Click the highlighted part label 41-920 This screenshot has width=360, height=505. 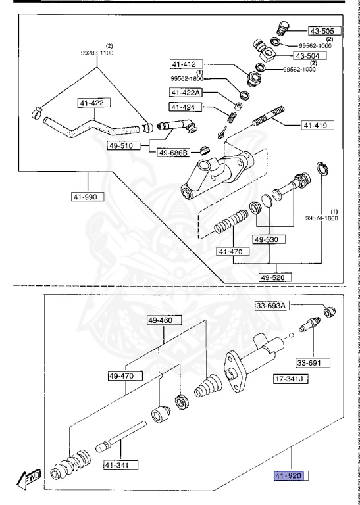pyautogui.click(x=290, y=475)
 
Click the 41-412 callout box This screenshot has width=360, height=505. pyautogui.click(x=185, y=64)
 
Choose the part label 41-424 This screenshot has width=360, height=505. pyautogui.click(x=184, y=107)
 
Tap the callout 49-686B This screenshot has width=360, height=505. pyautogui.click(x=173, y=153)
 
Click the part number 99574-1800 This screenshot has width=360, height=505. pyautogui.click(x=321, y=218)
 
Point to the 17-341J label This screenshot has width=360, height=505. pyautogui.click(x=291, y=379)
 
